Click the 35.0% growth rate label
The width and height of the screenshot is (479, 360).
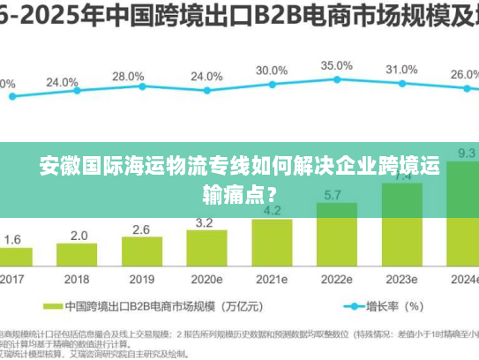click(x=337, y=65)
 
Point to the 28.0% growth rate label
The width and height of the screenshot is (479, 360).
click(x=128, y=77)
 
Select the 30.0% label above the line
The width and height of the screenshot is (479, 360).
click(x=272, y=70)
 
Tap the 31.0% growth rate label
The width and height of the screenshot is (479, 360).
click(x=401, y=69)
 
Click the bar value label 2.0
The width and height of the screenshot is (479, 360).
click(x=79, y=236)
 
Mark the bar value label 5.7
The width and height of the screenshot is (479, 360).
click(x=333, y=195)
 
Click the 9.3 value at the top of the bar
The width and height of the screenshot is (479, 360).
click(x=467, y=153)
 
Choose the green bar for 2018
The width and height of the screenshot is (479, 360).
click(x=77, y=256)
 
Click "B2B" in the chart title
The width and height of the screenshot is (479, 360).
click(x=269, y=16)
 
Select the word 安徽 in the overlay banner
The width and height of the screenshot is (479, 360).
click(x=55, y=166)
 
